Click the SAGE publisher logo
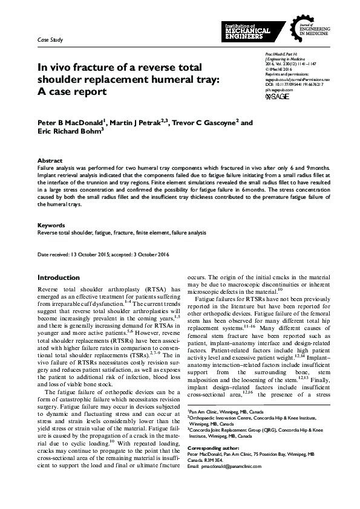(277, 96)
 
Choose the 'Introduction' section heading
(59, 277)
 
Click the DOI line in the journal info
(289, 83)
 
